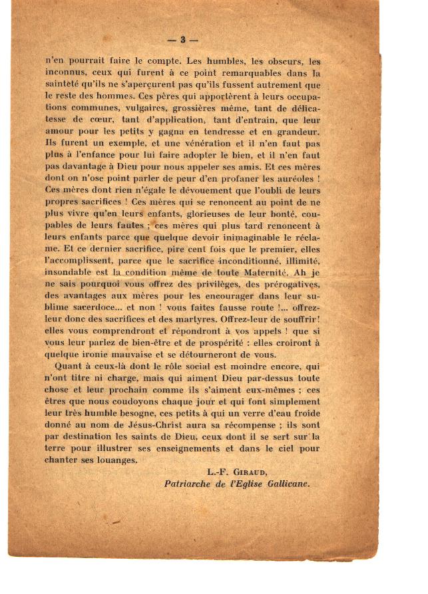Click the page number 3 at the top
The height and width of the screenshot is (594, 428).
[x=182, y=40]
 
